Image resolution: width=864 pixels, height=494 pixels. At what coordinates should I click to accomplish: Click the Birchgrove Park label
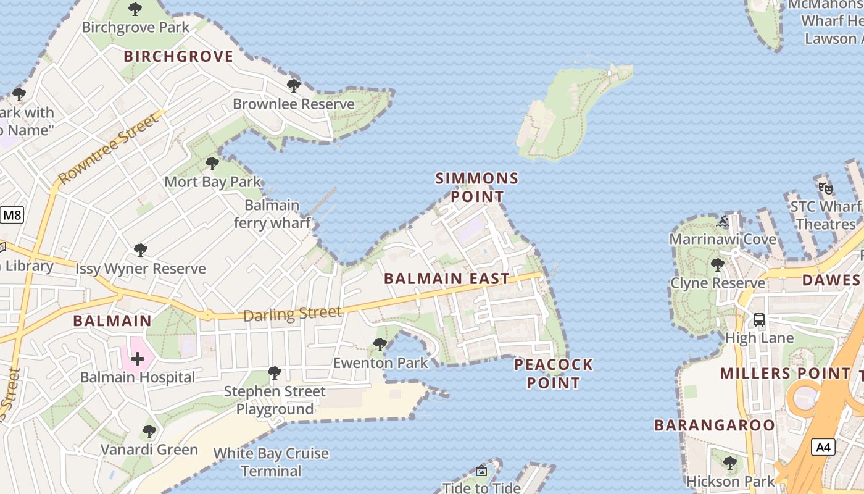(x=136, y=28)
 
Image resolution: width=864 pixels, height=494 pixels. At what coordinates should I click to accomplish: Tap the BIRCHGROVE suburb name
(x=178, y=57)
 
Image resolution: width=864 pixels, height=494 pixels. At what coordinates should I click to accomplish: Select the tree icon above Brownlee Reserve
(x=294, y=85)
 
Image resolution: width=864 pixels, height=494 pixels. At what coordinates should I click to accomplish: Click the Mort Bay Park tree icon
(x=212, y=164)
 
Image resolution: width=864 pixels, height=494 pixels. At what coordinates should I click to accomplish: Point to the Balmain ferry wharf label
(x=272, y=214)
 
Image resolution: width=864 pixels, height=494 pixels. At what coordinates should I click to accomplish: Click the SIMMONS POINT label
(x=477, y=188)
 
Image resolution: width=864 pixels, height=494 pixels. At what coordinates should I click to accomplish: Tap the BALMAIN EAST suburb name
(x=447, y=278)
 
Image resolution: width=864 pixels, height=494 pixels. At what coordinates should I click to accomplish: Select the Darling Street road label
(x=292, y=314)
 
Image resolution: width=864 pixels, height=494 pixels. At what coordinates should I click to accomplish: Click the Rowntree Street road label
(x=108, y=148)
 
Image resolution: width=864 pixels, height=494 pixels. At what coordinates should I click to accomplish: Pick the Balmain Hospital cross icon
(x=138, y=358)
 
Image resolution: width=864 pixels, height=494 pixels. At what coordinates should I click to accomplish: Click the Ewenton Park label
(x=380, y=362)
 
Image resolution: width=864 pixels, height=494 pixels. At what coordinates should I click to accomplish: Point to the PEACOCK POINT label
(x=554, y=374)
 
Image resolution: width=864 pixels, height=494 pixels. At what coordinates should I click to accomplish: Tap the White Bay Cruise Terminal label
(x=271, y=462)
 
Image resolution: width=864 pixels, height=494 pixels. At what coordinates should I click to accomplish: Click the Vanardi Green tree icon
(x=149, y=431)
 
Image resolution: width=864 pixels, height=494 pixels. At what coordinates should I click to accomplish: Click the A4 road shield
(x=823, y=447)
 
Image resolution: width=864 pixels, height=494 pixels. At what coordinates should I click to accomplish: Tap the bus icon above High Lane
(x=759, y=320)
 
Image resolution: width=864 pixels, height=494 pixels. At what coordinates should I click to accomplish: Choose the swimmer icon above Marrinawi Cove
(x=723, y=221)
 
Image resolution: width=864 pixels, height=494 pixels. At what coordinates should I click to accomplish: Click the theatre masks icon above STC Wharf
(x=826, y=188)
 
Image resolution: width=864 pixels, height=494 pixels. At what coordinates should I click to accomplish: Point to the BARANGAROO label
(x=714, y=425)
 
